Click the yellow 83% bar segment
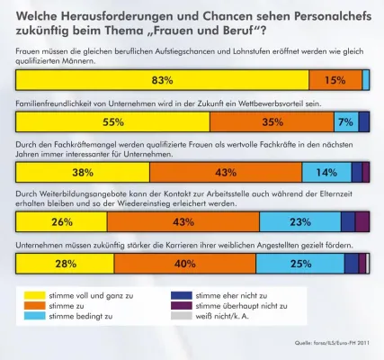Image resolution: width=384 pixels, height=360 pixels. (x=162, y=80)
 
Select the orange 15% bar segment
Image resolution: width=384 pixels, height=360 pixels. (x=335, y=80)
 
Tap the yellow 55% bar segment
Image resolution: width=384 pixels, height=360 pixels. (x=112, y=122)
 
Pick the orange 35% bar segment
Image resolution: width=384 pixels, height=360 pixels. (x=271, y=122)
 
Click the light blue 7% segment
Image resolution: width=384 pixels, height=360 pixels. (x=344, y=122)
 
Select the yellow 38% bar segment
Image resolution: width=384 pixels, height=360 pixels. (x=83, y=172)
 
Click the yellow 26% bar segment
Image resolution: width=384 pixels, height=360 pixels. (x=61, y=221)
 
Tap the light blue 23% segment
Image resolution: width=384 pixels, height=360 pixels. (x=299, y=221)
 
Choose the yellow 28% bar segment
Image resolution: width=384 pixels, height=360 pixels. (x=65, y=264)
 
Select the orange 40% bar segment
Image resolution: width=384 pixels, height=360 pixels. (x=185, y=264)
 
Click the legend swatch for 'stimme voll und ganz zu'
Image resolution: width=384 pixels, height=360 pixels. (x=34, y=294)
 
